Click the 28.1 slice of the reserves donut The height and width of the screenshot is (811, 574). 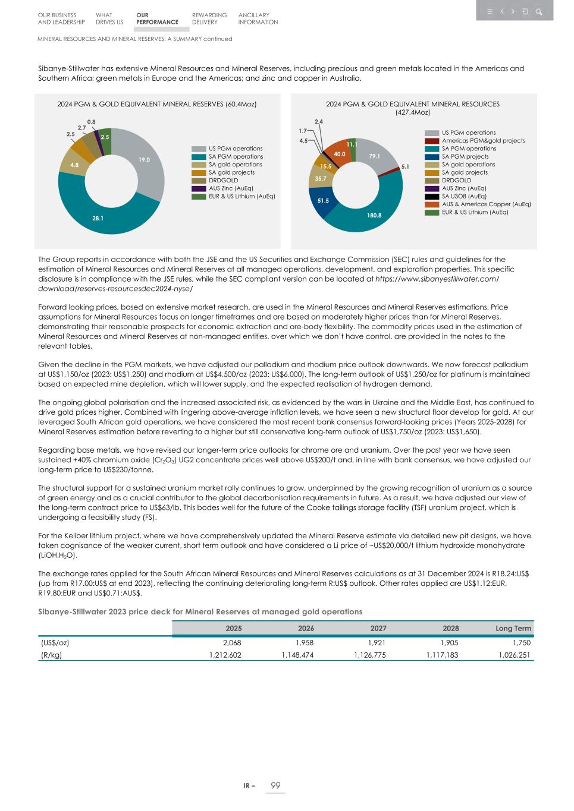[98, 218]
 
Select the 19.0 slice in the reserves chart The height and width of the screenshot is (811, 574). [145, 160]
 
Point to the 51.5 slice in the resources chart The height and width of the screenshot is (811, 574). [323, 201]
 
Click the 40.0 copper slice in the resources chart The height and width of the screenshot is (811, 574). [340, 154]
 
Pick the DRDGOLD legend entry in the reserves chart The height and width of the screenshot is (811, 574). [223, 180]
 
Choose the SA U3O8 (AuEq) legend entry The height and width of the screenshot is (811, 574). [464, 196]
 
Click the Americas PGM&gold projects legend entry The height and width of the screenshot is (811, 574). [483, 141]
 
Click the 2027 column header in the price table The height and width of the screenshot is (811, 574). [378, 628]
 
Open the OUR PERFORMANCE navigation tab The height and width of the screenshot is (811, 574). [157, 18]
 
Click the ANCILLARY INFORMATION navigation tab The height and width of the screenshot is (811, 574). [258, 18]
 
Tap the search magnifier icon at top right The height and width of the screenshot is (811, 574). [538, 11]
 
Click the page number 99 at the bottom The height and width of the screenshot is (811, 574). [275, 785]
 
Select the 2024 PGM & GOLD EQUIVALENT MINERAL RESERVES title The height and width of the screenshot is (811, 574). [156, 104]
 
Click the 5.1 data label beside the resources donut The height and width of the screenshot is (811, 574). [405, 167]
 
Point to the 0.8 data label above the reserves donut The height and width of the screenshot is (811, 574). [91, 122]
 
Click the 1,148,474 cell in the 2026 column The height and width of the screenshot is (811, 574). [297, 655]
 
